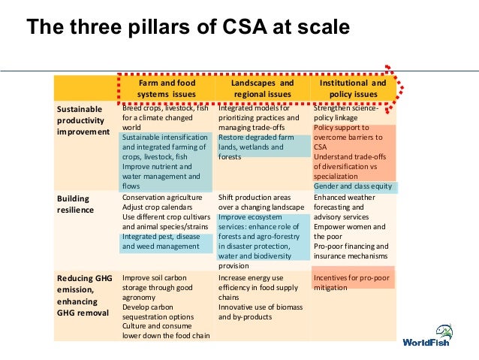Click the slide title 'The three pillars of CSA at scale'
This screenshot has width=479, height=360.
188,28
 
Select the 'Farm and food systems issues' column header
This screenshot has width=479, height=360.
166,89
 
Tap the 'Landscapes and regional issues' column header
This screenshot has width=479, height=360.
262,89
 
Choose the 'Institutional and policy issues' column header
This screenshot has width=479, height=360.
353,89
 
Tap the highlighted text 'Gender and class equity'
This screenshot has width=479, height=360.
353,186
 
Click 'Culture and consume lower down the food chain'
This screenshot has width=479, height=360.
165,331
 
